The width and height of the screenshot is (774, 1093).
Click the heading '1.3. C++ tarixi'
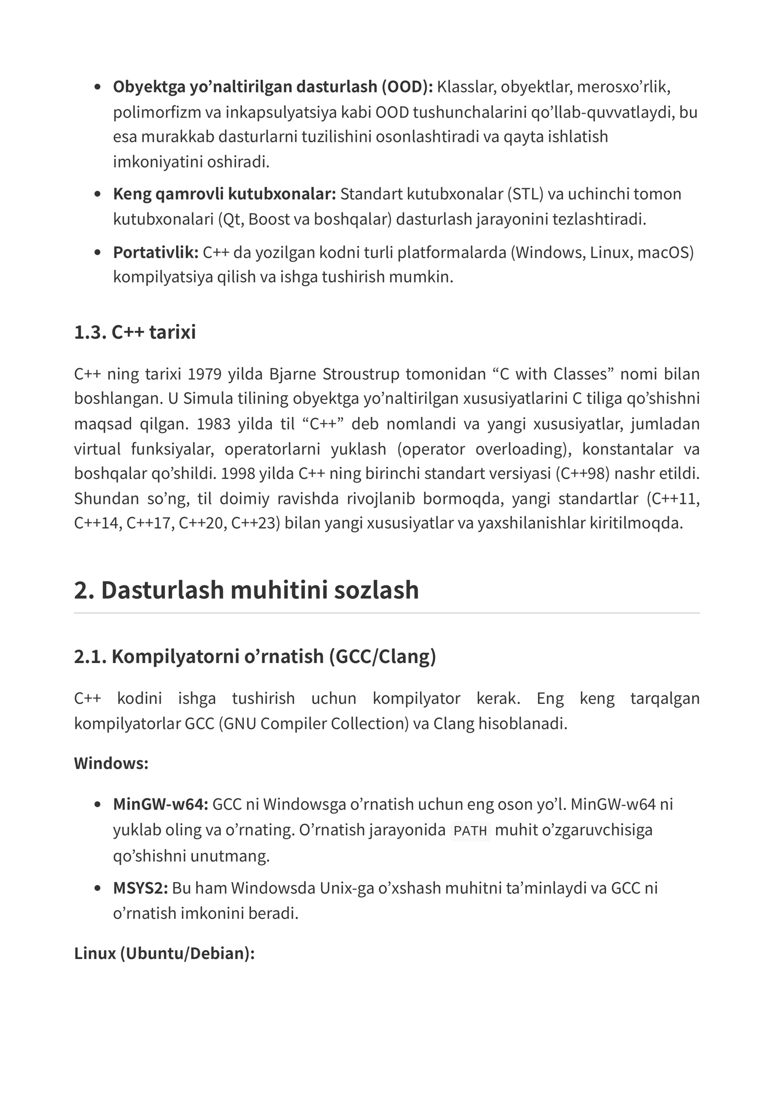pos(134,332)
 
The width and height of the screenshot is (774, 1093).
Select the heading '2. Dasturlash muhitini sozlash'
pos(246,590)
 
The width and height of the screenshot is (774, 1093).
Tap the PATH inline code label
pos(470,831)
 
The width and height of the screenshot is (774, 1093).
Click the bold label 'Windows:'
pos(111,763)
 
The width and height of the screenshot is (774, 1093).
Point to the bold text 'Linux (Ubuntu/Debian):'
pos(164,953)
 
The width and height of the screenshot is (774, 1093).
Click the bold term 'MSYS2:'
pos(140,888)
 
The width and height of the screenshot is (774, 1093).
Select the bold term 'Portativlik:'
pos(156,252)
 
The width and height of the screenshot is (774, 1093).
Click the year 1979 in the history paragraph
pos(204,374)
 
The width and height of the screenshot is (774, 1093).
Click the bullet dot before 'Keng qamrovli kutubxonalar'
pos(98,194)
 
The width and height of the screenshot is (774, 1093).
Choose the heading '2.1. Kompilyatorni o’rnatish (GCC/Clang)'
pos(255,656)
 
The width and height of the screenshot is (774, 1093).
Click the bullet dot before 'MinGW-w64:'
pos(98,805)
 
